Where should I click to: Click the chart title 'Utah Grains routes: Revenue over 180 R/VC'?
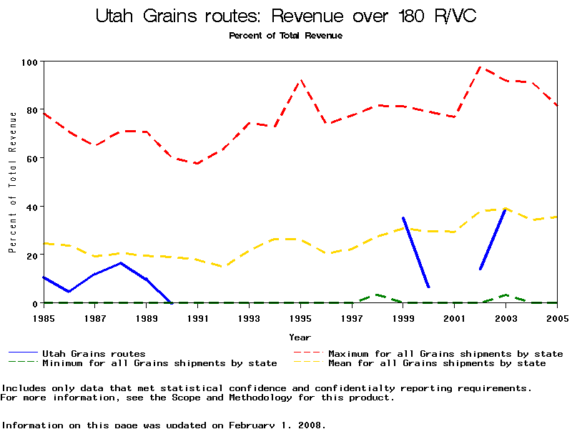pos(286,16)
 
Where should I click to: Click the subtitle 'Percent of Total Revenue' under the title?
pos(285,36)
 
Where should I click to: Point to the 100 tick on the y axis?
pos(31,62)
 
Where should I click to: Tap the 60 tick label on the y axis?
pos(31,158)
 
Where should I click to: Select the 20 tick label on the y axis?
pos(31,255)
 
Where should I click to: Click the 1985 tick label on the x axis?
pos(44,317)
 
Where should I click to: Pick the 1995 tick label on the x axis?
pos(300,317)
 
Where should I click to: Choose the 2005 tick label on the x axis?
pos(557,317)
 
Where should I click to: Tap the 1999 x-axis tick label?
pos(403,317)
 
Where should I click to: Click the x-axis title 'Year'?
pos(300,337)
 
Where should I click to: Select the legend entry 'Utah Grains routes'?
pos(94,353)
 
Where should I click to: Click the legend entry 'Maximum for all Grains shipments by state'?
pos(445,353)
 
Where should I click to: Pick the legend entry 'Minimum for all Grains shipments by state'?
pos(159,363)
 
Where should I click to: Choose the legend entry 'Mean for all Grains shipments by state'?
pos(436,363)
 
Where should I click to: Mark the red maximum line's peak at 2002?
pos(480,67)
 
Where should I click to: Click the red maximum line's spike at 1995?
pos(301,80)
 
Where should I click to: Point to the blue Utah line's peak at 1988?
pos(121,263)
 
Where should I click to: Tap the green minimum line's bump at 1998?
pos(378,295)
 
